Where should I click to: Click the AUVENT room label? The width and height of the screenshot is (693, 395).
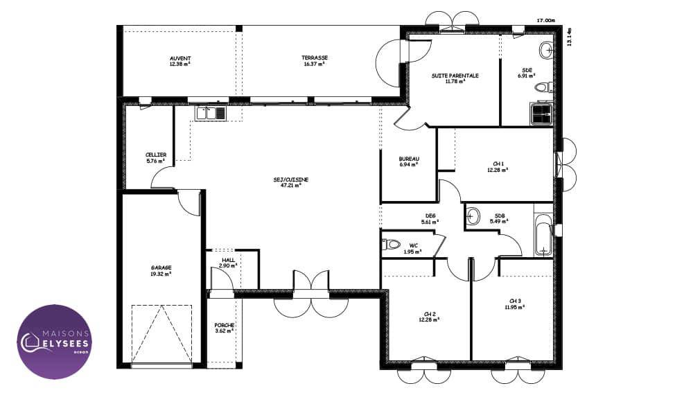coord(180,58)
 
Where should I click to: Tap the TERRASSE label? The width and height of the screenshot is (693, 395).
coord(315,58)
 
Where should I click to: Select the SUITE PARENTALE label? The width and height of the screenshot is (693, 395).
coord(455,76)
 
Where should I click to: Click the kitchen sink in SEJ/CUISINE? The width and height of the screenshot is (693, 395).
coord(211,113)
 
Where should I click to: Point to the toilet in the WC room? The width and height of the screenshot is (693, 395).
coord(391,244)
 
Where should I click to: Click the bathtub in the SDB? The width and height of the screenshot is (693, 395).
coord(543,235)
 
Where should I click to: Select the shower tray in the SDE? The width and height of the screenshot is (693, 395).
coord(541,114)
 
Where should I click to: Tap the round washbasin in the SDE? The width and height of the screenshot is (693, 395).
coord(547,51)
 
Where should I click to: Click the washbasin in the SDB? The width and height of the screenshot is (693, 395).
coord(473,216)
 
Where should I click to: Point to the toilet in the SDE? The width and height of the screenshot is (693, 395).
coord(543,87)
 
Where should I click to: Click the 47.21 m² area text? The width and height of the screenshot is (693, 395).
coord(291,186)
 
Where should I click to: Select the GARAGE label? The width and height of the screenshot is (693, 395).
coord(161,267)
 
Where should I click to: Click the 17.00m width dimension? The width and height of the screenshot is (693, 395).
coord(546,20)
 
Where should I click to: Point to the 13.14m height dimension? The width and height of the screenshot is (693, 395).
coord(569,37)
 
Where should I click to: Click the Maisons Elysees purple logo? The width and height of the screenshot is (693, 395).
coord(54,342)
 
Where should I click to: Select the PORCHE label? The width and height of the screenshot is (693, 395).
coord(224,325)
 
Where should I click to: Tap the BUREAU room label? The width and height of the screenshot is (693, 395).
coord(409,159)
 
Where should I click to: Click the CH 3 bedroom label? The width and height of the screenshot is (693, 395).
coord(515,301)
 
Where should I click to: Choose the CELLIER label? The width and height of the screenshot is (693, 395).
coord(156,155)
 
